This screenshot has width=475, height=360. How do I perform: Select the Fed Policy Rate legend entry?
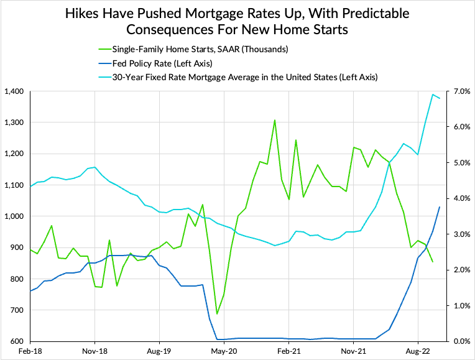[x=157, y=63]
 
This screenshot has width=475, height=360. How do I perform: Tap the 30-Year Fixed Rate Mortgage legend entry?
[x=245, y=77]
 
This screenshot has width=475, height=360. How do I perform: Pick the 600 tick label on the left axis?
[x=16, y=341]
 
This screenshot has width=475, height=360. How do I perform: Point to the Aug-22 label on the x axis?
[x=417, y=351]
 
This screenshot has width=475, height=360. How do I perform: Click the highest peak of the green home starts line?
[x=274, y=120]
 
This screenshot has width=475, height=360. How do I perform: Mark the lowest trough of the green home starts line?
[x=217, y=314]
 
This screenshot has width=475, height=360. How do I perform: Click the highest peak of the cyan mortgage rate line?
[x=433, y=95]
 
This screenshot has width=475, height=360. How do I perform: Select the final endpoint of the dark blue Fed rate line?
[x=440, y=207]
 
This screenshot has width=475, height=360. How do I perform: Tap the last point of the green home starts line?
[x=433, y=262]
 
